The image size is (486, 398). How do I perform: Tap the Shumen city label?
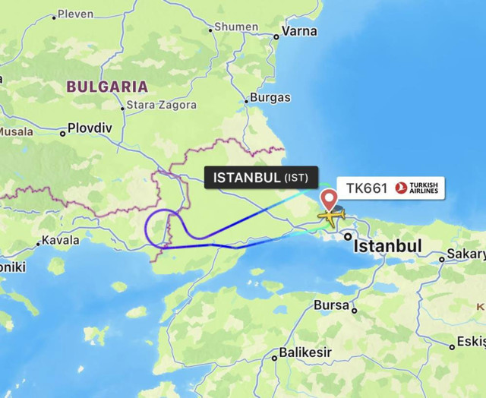click(x=236, y=27)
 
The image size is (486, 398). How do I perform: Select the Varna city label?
click(x=299, y=32)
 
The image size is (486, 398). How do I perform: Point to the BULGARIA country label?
click(x=106, y=86)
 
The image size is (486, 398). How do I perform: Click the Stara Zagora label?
click(x=161, y=106)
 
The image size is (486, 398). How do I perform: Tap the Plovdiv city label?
click(x=89, y=128)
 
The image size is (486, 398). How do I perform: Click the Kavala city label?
click(x=62, y=240)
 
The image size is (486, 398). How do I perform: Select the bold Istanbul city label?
click(x=388, y=246)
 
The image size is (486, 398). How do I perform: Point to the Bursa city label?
click(x=331, y=305)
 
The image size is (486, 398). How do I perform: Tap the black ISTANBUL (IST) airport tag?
click(x=262, y=178)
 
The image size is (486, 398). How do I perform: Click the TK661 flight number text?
click(x=367, y=188)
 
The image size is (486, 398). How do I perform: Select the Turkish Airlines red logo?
click(x=401, y=188)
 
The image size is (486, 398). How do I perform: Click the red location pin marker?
click(x=330, y=200)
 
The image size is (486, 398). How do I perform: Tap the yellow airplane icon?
click(x=330, y=216)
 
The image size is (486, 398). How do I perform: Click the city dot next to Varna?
click(x=276, y=33)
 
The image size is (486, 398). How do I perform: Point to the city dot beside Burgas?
click(x=248, y=99)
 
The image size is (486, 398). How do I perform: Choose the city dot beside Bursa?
click(x=354, y=310)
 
